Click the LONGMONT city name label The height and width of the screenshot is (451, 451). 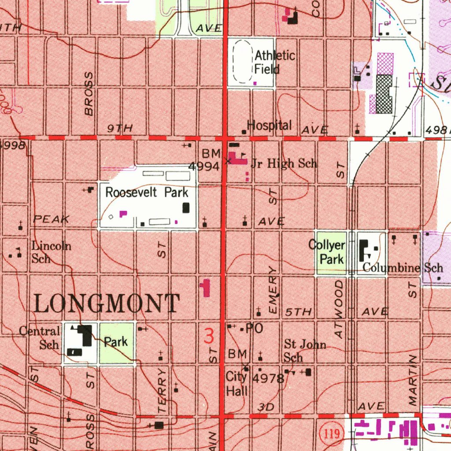107,304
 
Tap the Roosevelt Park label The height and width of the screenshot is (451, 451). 147,192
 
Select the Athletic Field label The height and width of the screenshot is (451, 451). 275,62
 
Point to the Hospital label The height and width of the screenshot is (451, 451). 269,126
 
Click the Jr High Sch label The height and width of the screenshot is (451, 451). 284,164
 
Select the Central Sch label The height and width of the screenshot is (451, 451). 40,337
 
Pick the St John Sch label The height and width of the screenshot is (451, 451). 305,350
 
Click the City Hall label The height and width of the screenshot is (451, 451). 237,384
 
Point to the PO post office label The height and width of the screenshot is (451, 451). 255,328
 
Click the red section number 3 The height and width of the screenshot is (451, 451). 209,335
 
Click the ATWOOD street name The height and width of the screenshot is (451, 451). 338,309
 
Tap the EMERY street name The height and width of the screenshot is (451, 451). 274,290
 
